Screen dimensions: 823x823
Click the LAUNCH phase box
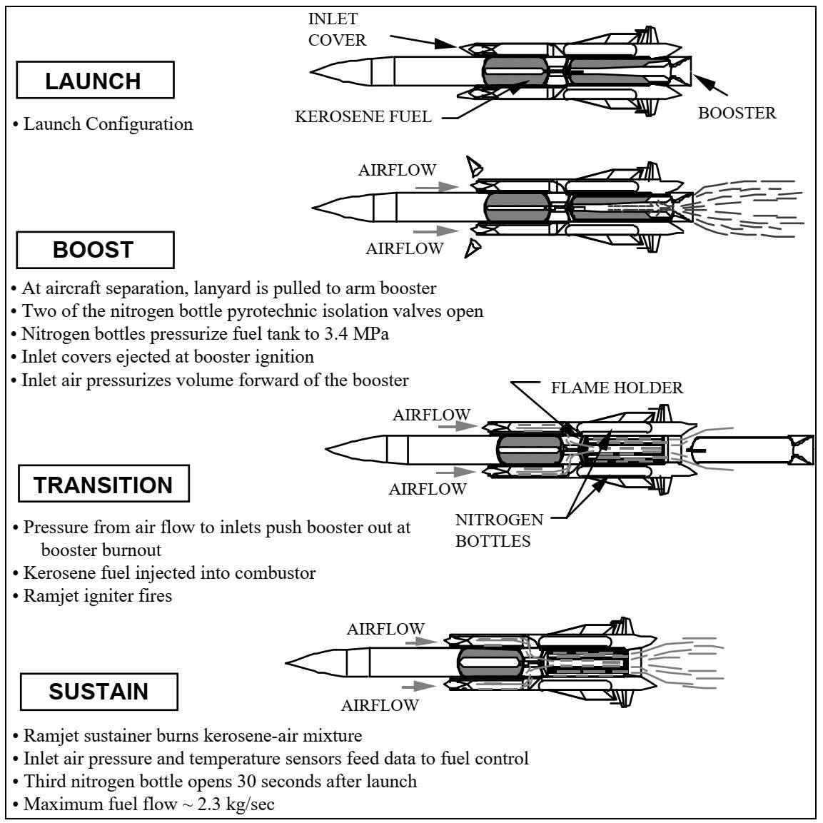click(x=95, y=80)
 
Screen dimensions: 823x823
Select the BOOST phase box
click(x=95, y=250)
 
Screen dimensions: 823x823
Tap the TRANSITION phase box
click(x=104, y=483)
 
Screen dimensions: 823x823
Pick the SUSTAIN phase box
click(x=99, y=691)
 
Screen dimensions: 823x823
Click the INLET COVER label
click(x=337, y=29)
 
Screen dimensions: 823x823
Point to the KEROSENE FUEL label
click(x=363, y=116)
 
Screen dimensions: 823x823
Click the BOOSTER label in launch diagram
click(x=737, y=113)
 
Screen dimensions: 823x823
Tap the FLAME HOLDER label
click(x=617, y=388)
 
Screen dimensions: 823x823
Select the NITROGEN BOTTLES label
click(x=499, y=530)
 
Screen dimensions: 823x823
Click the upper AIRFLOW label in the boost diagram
click(x=398, y=170)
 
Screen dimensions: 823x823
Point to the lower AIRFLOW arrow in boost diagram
click(x=436, y=231)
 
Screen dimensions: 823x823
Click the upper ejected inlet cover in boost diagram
click(x=475, y=168)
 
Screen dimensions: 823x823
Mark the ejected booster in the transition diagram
click(x=751, y=450)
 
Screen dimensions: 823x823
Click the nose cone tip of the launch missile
click(x=310, y=71)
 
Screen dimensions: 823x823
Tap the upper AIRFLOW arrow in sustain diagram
click(x=421, y=641)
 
